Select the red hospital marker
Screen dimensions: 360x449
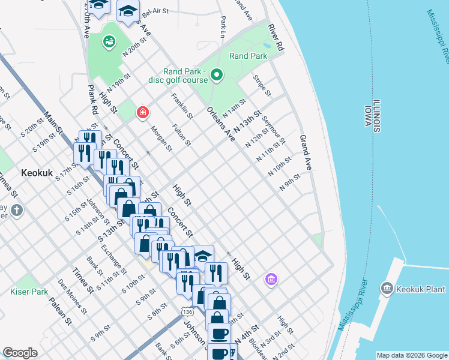point(142,112)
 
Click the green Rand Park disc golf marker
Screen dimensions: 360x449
point(217,76)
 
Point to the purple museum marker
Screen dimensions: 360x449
point(271,279)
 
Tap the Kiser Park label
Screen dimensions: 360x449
point(29,292)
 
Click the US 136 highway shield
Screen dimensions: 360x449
point(188,311)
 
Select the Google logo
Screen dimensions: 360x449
point(20,353)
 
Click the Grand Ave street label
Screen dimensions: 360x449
point(306,153)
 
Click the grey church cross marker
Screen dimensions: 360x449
point(17,211)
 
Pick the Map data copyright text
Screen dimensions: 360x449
point(412,355)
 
